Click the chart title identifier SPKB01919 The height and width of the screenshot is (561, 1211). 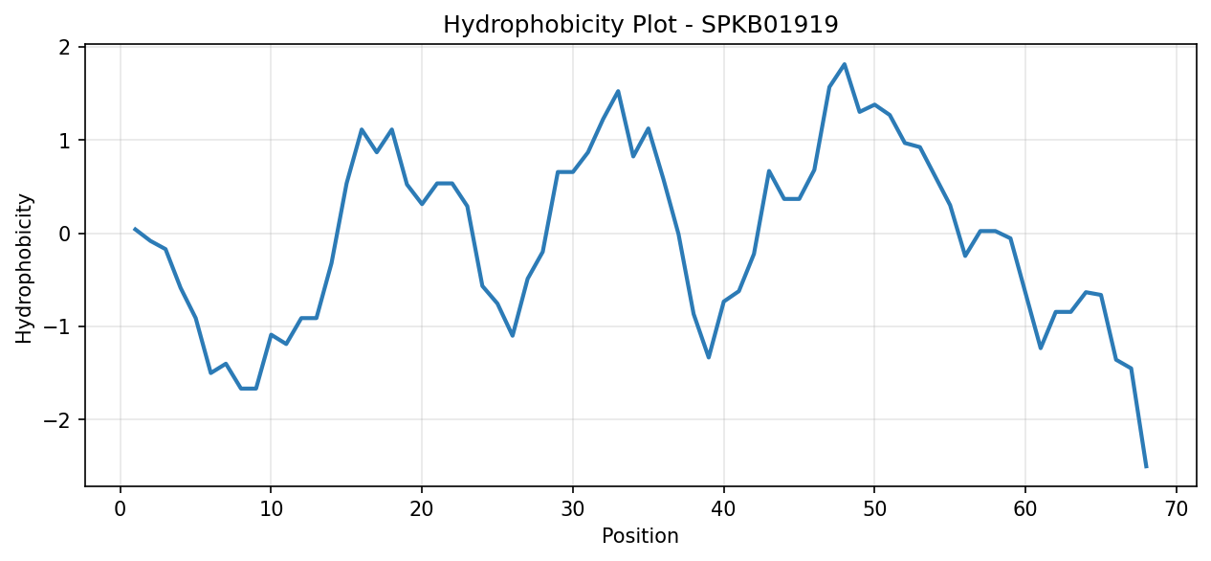[770, 25]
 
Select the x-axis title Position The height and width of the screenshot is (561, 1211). [640, 536]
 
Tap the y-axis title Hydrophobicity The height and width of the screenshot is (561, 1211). [24, 268]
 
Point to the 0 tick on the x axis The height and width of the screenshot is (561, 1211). [120, 509]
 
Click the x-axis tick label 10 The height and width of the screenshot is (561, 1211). [271, 509]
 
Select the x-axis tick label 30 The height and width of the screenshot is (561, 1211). [573, 509]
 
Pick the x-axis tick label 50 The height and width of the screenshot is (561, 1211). [874, 509]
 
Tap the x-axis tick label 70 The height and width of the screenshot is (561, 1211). [1176, 509]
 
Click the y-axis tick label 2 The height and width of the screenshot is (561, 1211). [65, 48]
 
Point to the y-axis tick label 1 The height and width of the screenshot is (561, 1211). [65, 141]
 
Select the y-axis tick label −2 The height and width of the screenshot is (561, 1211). [57, 420]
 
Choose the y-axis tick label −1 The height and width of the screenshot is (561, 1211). [57, 326]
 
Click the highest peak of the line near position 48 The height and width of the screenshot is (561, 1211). [844, 64]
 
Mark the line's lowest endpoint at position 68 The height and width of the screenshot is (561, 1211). [1146, 467]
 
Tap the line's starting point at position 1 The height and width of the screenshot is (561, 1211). [135, 229]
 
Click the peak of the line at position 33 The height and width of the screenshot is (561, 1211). [618, 91]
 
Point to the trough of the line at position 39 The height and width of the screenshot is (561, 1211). [708, 358]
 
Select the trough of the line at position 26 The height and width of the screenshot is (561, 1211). [512, 336]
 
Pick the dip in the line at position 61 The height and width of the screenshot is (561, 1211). [1040, 348]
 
